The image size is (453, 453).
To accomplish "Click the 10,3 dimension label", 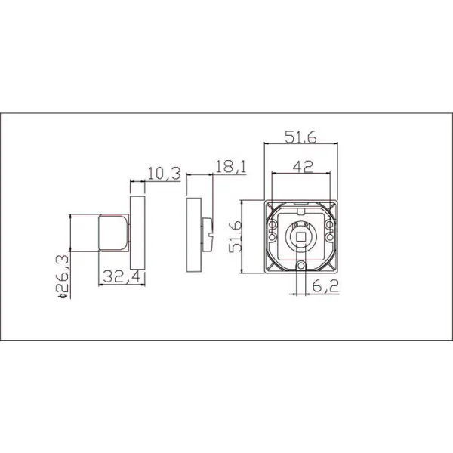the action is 164,174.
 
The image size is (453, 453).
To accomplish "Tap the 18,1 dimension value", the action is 231,167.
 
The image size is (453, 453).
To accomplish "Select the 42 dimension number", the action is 303,167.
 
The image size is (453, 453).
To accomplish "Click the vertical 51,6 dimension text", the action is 235,236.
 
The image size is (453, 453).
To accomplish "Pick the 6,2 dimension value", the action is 325,286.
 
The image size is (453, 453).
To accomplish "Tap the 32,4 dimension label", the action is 122,276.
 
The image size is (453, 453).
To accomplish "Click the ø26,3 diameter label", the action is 62,276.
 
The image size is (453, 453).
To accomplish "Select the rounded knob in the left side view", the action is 114,233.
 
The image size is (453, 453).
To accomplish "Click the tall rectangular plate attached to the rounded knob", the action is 137,233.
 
